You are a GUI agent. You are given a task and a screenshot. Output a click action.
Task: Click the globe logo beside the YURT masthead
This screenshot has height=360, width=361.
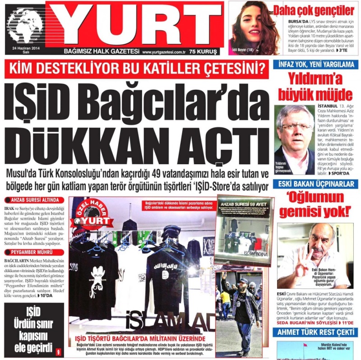click(25, 26)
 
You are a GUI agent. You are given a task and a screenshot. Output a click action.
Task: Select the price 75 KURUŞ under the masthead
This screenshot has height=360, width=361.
click(203, 51)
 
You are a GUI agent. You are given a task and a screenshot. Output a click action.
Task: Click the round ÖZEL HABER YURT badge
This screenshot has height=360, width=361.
click(94, 213)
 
